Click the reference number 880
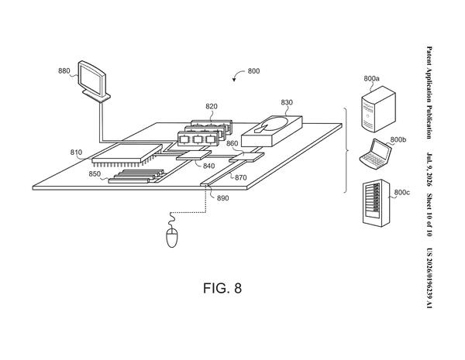click(x=64, y=70)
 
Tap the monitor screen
click(x=91, y=80)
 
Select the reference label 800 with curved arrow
click(x=253, y=71)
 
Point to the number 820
click(x=212, y=106)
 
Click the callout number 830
click(x=287, y=102)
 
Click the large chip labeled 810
click(x=127, y=154)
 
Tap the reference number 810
click(x=76, y=153)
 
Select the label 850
click(x=95, y=174)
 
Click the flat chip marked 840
click(x=194, y=156)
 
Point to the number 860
click(x=232, y=143)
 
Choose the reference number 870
click(x=241, y=177)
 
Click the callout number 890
click(x=222, y=198)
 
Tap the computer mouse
click(x=172, y=238)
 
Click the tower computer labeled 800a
click(x=378, y=109)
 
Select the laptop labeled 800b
click(x=376, y=154)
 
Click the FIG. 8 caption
click(x=222, y=288)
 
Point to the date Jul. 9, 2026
click(x=429, y=170)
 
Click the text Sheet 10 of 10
click(x=429, y=214)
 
